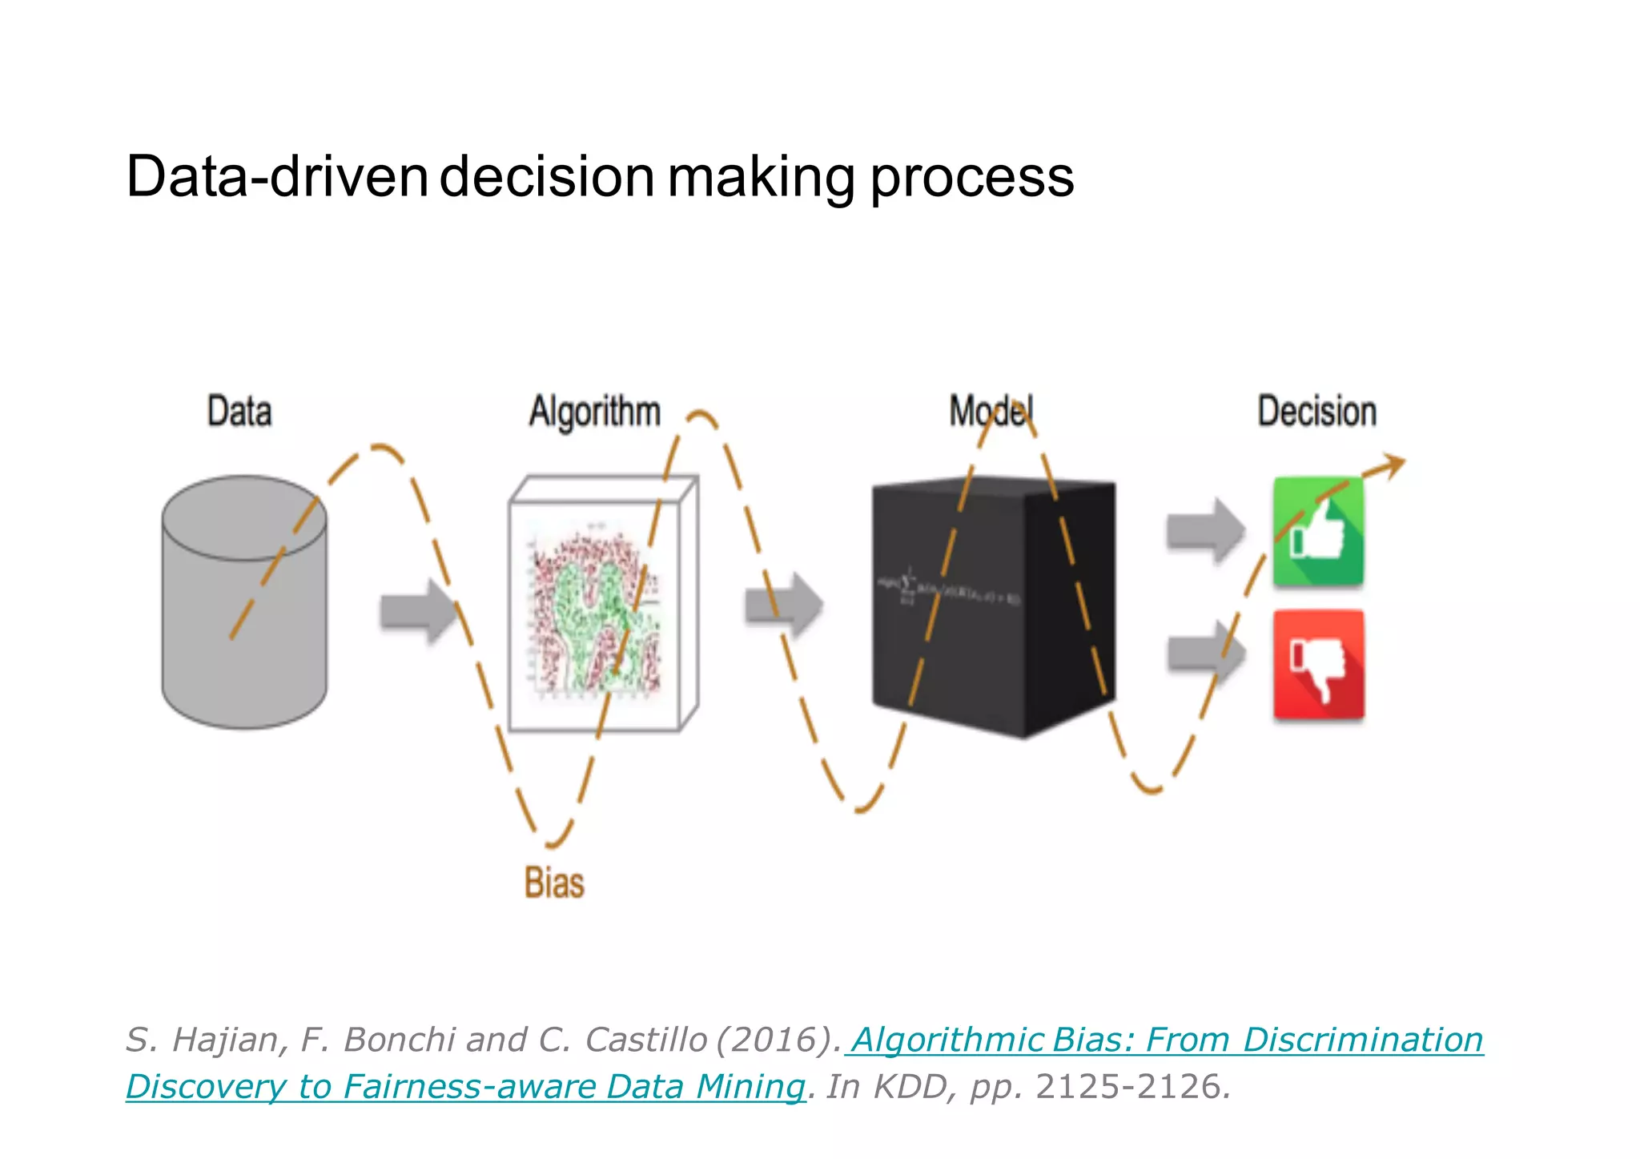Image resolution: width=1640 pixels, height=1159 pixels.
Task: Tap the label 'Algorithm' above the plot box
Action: point(595,412)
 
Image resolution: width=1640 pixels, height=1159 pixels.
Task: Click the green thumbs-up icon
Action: point(1318,532)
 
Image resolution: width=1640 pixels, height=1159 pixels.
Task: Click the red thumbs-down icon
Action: point(1318,665)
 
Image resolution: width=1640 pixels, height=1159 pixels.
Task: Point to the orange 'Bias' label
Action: point(554,883)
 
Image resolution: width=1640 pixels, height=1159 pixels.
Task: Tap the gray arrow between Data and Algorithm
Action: point(417,611)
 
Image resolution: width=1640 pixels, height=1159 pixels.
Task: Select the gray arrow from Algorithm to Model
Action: point(783,605)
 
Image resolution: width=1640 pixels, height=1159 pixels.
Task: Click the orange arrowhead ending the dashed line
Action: point(1392,465)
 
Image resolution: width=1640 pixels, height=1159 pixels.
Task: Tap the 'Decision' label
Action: point(1317,412)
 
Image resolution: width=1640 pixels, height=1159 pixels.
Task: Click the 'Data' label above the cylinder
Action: point(239,412)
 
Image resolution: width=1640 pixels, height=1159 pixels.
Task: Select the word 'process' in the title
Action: point(971,178)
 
